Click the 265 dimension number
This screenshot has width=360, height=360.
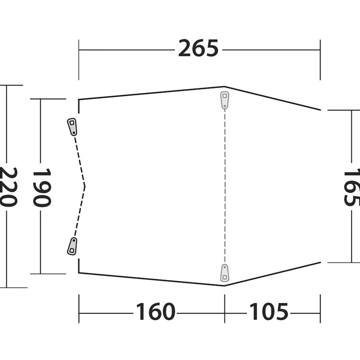tap(199, 48)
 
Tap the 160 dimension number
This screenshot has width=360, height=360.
tap(155, 312)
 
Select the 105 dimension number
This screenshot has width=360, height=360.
tap(269, 312)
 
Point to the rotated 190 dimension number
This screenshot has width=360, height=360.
tap(42, 188)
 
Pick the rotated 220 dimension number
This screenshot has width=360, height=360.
tap(8, 187)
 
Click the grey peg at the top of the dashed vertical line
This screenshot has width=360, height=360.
tap(224, 100)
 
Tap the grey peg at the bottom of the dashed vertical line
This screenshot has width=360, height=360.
tap(224, 273)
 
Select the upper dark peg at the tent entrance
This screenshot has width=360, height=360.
tap(72, 127)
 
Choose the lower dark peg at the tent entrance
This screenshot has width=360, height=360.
tap(72, 246)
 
